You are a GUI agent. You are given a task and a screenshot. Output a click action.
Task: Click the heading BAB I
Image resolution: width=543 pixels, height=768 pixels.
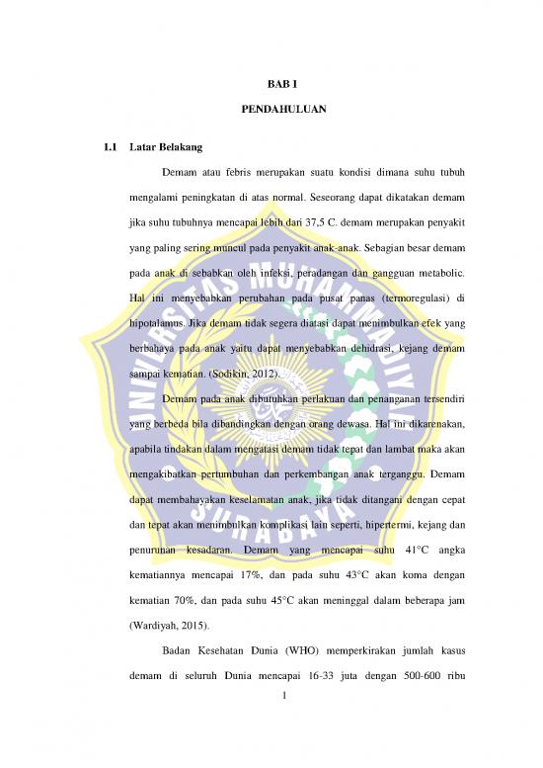271,87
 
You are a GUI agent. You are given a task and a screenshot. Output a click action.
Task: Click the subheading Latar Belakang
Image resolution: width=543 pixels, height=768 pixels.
166,148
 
